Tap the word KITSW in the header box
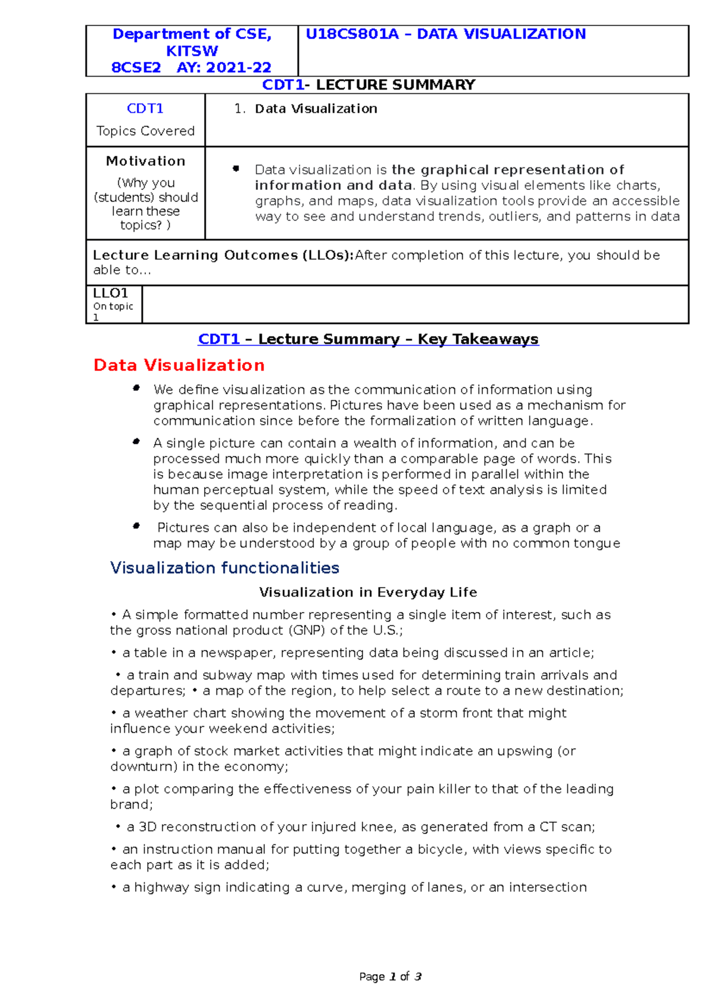tap(192, 51)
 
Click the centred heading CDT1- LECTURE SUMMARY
tap(368, 85)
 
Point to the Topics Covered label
tap(145, 131)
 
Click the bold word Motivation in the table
tap(145, 161)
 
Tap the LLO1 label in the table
tap(110, 293)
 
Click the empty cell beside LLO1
tap(415, 305)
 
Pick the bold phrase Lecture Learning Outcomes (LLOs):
tap(223, 255)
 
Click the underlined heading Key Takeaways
tap(478, 339)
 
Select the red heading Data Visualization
tap(179, 365)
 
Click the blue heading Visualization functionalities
tap(224, 568)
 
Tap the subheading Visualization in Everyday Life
tap(368, 592)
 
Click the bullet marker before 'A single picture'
tap(136, 442)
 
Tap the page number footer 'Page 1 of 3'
tap(390, 977)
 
